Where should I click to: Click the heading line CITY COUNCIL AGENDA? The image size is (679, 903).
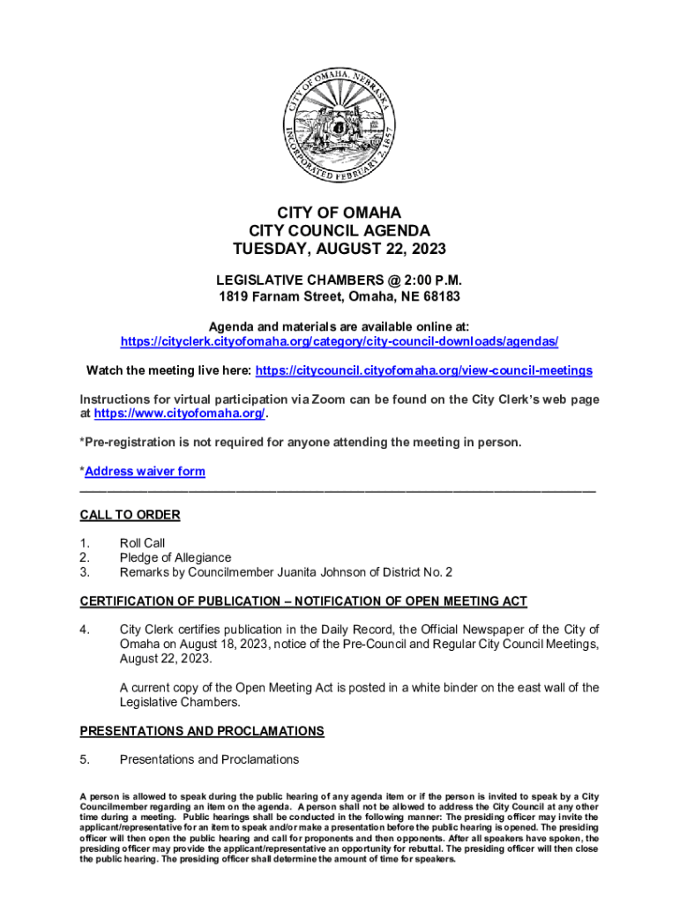click(x=339, y=230)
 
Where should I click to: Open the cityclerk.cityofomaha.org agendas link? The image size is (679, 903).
click(x=339, y=341)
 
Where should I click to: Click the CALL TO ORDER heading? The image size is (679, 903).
click(x=130, y=515)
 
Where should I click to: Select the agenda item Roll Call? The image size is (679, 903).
click(x=142, y=543)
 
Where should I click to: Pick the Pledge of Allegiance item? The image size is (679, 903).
click(x=175, y=557)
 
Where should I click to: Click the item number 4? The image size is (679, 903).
click(x=84, y=630)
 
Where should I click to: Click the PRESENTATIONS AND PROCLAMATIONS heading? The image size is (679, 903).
click(x=202, y=731)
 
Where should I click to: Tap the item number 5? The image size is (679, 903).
click(x=84, y=759)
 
